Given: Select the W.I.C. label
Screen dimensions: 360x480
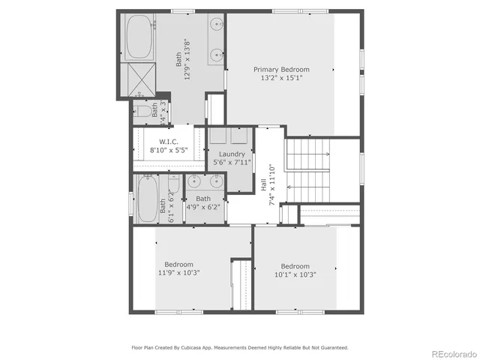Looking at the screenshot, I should point(167,142).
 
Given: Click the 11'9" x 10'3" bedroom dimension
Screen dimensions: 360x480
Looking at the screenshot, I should point(178,273).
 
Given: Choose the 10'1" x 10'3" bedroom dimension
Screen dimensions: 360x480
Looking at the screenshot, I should point(295,274).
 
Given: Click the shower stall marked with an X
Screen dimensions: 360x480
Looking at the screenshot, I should point(139,77).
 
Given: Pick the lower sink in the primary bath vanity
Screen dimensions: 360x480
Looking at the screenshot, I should point(217,54).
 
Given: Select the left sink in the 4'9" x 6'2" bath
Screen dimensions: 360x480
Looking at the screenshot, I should point(195,181).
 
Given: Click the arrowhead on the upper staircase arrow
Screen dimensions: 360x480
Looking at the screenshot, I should point(327,154).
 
